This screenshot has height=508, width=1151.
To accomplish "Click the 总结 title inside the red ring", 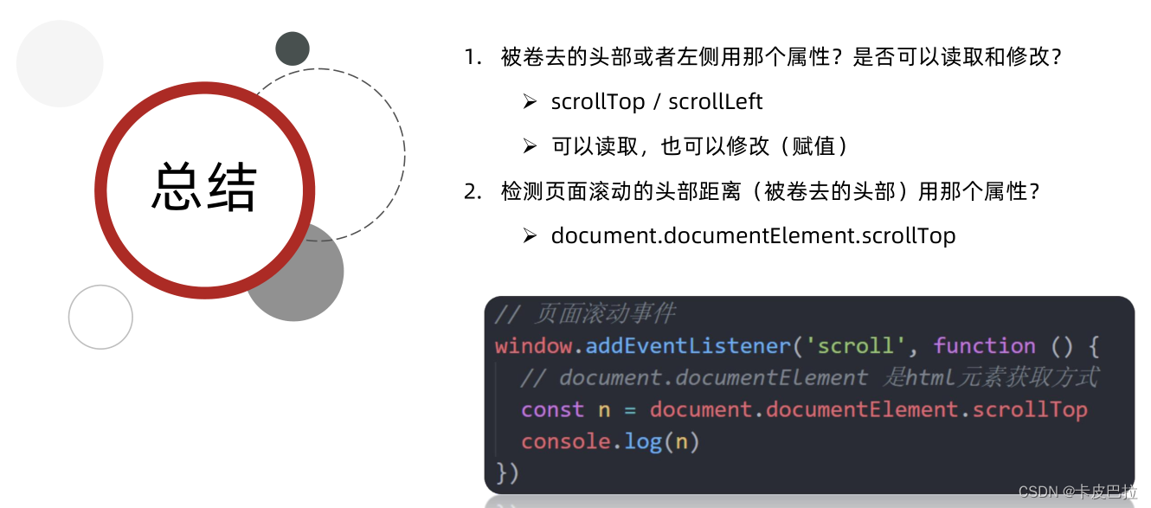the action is pyautogui.click(x=205, y=187).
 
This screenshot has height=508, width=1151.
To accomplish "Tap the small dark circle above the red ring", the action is pyautogui.click(x=293, y=48).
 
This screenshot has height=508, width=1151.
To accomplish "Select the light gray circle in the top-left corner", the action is pyautogui.click(x=60, y=64).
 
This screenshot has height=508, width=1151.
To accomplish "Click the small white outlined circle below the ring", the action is pyautogui.click(x=100, y=317).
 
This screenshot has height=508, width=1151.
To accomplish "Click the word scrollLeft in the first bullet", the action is pyautogui.click(x=715, y=102).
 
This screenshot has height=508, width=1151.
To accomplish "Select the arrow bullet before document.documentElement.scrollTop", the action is pyautogui.click(x=530, y=235).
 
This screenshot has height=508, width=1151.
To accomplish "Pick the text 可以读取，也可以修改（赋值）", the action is pyautogui.click(x=700, y=146).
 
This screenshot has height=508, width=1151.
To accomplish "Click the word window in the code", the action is pyautogui.click(x=533, y=346).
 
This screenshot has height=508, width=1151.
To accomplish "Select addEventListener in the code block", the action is pyautogui.click(x=688, y=346).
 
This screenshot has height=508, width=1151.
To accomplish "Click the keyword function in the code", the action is pyautogui.click(x=984, y=346).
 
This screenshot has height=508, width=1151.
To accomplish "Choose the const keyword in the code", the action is pyautogui.click(x=552, y=409).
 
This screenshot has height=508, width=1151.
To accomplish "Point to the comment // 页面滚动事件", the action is pyautogui.click(x=585, y=313).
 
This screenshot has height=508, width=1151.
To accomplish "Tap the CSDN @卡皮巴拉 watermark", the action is pyautogui.click(x=1077, y=492).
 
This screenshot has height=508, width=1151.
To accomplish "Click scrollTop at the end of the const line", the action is pyautogui.click(x=1029, y=409).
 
